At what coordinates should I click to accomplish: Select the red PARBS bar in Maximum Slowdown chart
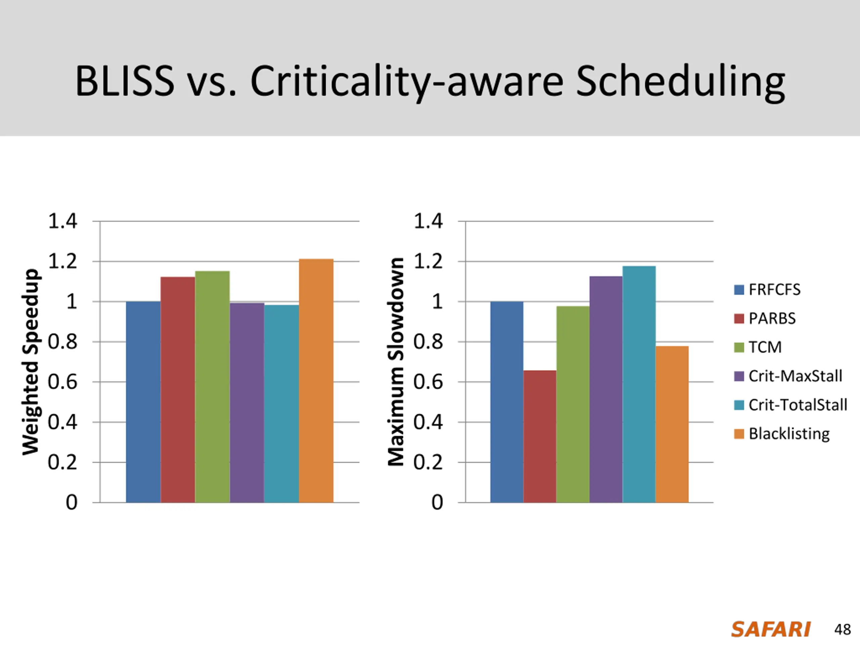point(540,436)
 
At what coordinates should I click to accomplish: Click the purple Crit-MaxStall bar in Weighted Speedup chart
point(247,402)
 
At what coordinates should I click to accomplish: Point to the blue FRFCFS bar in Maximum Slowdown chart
point(507,402)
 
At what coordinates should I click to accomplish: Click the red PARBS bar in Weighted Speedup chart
point(178,390)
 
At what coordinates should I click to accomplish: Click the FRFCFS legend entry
point(774,290)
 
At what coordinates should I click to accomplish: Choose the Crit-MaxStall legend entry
point(795,376)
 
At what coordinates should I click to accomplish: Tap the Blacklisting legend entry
point(788,433)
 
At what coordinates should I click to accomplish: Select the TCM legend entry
point(764,347)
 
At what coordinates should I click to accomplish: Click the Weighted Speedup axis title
point(30,361)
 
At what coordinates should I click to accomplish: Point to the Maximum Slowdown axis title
point(396,361)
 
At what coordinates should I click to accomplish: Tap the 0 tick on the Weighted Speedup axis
point(72,502)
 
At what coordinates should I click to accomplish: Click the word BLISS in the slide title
point(124,82)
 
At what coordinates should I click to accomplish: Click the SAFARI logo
point(771,630)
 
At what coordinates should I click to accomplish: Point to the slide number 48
point(842,630)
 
